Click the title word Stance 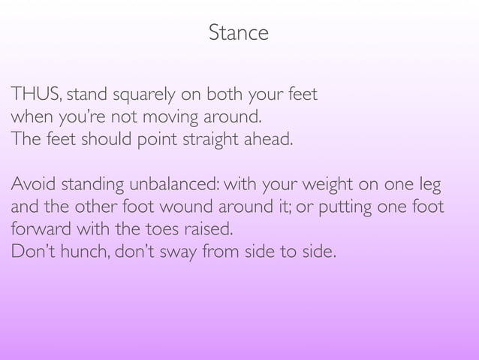239,34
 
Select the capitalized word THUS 36,96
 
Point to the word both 224,96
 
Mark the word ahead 266,140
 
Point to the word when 29,118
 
